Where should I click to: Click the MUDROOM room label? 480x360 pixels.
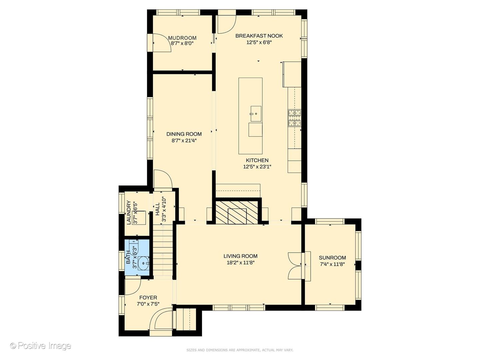[182, 38]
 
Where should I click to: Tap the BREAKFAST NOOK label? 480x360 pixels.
[259, 36]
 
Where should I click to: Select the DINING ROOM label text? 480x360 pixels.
[184, 134]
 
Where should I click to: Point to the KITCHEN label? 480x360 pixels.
[257, 160]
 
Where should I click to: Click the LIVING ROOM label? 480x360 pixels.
[240, 256]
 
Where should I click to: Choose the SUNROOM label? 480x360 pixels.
[332, 258]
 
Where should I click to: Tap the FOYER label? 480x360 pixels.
[148, 297]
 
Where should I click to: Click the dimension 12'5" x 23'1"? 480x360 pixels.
[257, 167]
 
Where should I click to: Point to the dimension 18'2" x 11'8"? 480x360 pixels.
[241, 263]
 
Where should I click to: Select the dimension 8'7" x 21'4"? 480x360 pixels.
[184, 141]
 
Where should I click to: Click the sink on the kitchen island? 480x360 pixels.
[256, 114]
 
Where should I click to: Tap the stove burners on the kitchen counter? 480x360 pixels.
[295, 118]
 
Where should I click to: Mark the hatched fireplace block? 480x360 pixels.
[237, 212]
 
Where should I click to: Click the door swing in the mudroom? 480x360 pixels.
[162, 43]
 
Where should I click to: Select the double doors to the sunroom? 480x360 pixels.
[295, 266]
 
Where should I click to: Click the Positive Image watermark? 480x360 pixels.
[41, 346]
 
